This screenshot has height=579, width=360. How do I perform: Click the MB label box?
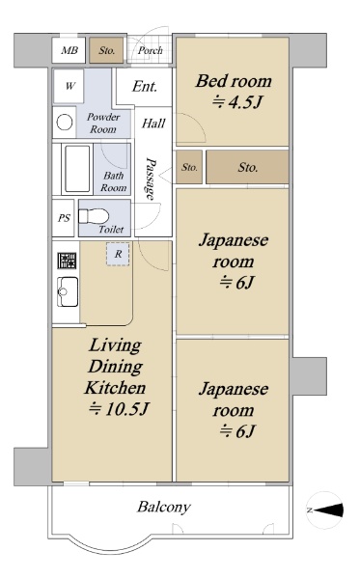(69, 50)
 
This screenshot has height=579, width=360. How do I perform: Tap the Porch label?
(150, 50)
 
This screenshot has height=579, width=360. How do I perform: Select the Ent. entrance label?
(145, 87)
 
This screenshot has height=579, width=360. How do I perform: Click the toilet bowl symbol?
(94, 216)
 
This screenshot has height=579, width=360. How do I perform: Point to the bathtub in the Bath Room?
(77, 168)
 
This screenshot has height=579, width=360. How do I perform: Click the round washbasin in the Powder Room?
(65, 122)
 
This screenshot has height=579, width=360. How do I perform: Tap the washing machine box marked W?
(69, 86)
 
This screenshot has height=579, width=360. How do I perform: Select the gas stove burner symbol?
(67, 261)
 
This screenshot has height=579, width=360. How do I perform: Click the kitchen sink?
(68, 291)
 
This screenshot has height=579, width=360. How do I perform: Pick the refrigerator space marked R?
(118, 254)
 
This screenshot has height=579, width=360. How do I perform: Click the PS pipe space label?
(64, 218)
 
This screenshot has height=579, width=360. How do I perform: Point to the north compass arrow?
(328, 510)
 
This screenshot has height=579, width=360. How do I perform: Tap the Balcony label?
(164, 507)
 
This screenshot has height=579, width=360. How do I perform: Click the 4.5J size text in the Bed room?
(237, 101)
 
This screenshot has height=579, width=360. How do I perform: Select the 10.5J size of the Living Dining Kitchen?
(119, 409)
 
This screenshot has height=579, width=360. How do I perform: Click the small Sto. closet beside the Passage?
(189, 167)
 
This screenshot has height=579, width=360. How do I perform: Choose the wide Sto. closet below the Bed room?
(247, 167)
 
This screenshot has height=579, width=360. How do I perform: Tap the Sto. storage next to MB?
(106, 50)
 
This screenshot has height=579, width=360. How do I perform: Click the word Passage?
(151, 179)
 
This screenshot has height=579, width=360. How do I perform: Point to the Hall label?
(153, 123)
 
